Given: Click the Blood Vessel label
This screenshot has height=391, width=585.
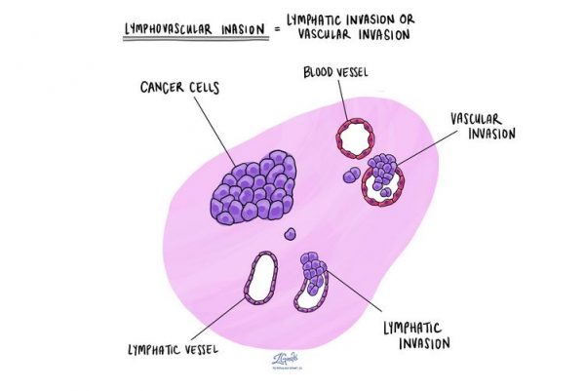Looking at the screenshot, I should [x=337, y=74].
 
